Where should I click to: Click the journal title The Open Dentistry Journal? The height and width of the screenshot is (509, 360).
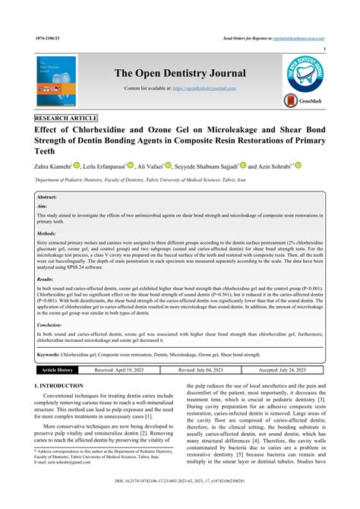coord(180,73)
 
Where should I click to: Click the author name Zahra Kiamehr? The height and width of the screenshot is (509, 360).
coord(56,166)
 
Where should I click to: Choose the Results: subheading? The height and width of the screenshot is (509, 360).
coord(49,280)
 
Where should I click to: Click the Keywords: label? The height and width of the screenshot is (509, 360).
coord(52,354)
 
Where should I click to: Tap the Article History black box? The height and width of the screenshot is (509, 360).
coord(58,370)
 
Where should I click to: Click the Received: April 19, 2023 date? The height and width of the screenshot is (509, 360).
coord(119,370)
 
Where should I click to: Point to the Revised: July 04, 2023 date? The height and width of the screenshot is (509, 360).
coord(204,370)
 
